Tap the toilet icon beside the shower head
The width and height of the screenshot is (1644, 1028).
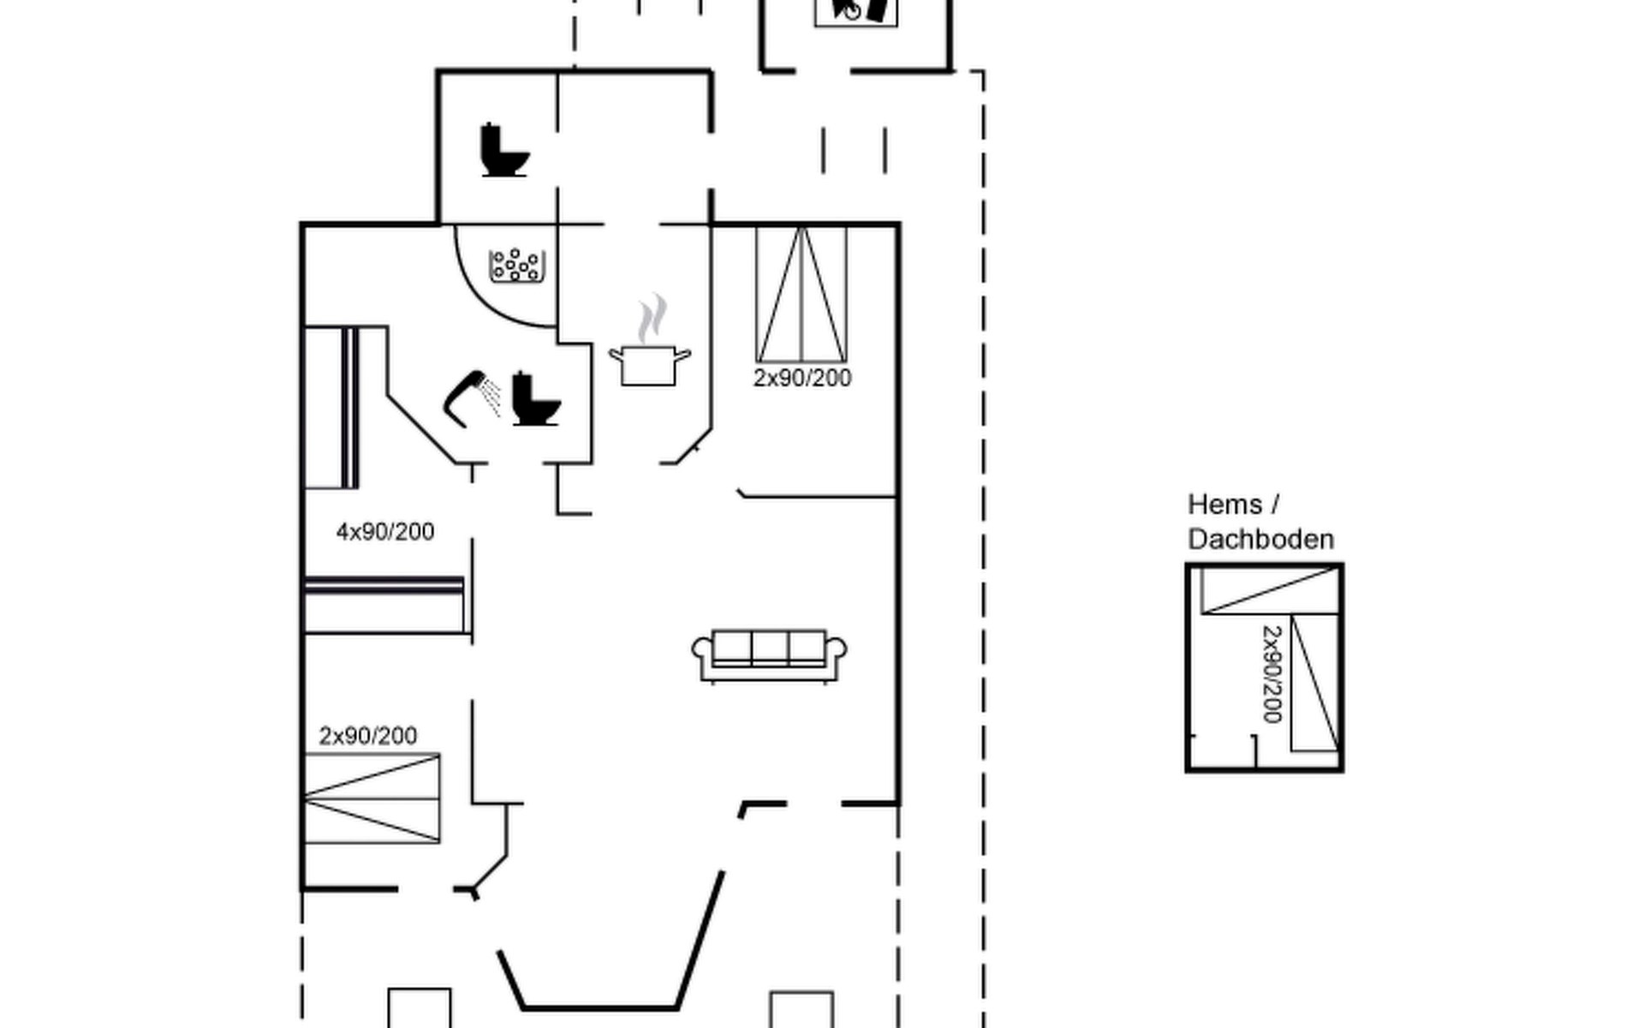click(536, 398)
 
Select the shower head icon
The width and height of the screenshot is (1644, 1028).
click(472, 398)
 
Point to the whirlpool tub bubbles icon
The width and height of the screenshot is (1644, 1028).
click(517, 265)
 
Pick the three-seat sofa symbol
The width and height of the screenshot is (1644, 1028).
click(769, 656)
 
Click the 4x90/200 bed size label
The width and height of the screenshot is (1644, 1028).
click(385, 532)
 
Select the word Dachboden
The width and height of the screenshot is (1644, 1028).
click(1261, 540)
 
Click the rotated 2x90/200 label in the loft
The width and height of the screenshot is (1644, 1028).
click(1272, 674)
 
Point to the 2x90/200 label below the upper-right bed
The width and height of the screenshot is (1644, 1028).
click(802, 378)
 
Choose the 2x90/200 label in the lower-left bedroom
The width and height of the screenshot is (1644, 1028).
click(368, 736)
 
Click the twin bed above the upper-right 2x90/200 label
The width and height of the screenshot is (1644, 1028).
click(801, 294)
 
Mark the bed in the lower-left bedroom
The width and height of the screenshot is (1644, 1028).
click(372, 798)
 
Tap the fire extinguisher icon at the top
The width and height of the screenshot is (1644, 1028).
click(855, 10)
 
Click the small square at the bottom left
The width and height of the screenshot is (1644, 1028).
click(420, 1008)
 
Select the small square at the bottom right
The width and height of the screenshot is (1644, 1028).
click(801, 1010)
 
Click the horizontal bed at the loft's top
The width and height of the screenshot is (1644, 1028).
click(1270, 591)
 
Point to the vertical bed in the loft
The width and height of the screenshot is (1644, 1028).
click(1314, 683)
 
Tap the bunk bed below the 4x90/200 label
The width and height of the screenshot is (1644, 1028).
click(385, 606)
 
